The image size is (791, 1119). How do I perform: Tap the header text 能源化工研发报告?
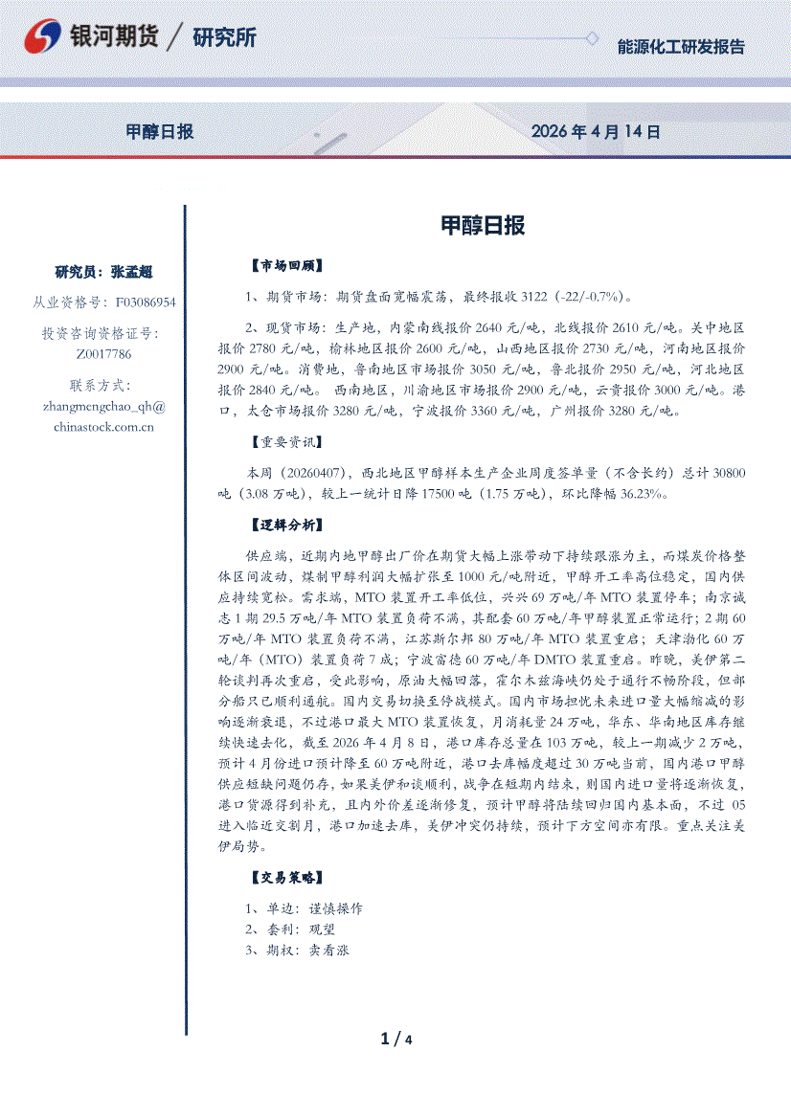681,46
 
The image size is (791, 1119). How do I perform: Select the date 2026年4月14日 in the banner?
596,132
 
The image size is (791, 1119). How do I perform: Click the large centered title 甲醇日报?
483,226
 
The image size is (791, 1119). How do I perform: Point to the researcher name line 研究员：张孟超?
104,272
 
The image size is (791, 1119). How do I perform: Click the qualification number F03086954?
146,302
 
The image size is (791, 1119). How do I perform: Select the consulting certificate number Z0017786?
104,354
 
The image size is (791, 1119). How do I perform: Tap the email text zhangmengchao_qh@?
104,406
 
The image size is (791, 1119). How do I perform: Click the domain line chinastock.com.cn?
104,427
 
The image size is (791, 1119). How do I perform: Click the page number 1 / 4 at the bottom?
395,1039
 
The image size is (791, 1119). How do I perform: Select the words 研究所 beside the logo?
224,38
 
